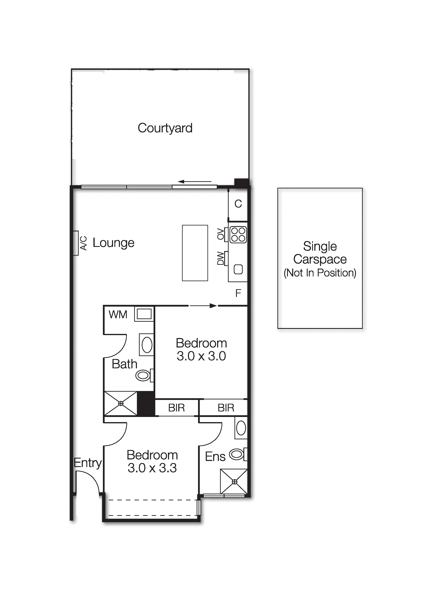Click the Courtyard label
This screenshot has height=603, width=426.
pos(165,128)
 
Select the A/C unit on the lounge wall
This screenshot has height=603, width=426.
pos(76,243)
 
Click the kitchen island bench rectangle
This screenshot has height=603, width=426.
pos(195,253)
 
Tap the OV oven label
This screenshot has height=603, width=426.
pos(221,234)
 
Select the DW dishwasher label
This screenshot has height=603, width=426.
pos(221,258)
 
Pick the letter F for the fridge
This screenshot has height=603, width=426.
pos(238,293)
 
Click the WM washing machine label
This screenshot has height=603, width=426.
pos(118,314)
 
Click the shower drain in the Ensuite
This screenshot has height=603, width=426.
pos(234,482)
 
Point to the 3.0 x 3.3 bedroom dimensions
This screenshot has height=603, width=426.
pos(152,468)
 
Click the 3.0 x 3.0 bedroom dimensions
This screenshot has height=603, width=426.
pos(201,356)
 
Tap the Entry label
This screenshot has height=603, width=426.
pos(88,463)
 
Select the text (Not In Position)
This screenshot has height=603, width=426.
pos(320,273)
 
